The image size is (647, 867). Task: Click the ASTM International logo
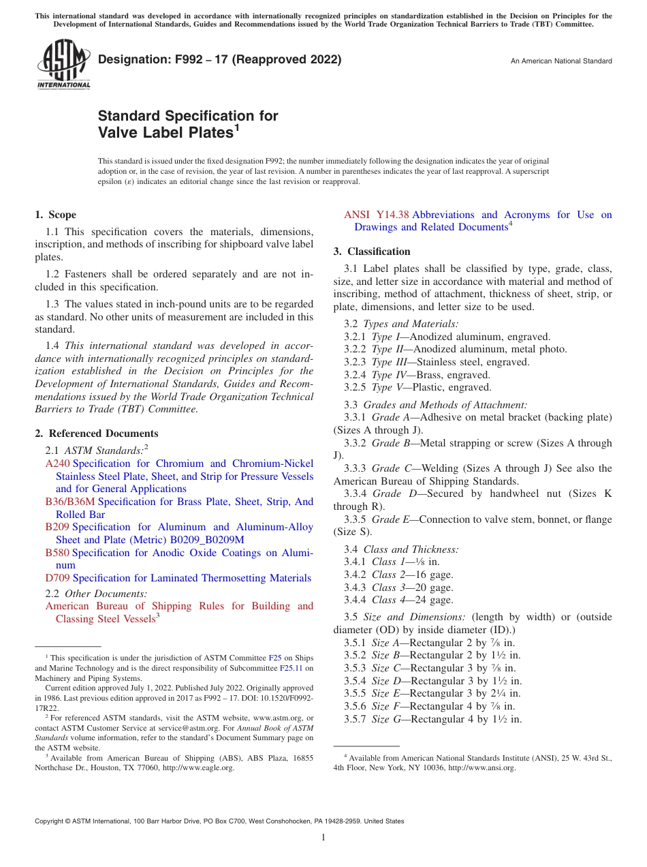point(63,64)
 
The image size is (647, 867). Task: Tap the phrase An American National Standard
point(561,61)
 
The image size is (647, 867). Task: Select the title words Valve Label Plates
point(165,132)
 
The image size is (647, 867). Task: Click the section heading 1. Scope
point(55,215)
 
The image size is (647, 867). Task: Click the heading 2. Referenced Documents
point(96,433)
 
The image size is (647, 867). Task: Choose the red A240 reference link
point(57,463)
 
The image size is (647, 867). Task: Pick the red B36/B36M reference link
point(70,502)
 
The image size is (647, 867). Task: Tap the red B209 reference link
point(57,527)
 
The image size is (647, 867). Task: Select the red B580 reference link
point(57,553)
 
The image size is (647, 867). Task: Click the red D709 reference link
point(58,578)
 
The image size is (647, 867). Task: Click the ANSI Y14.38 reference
point(376,215)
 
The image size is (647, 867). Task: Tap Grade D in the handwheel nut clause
point(391,494)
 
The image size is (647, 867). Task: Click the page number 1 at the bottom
point(323,838)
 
